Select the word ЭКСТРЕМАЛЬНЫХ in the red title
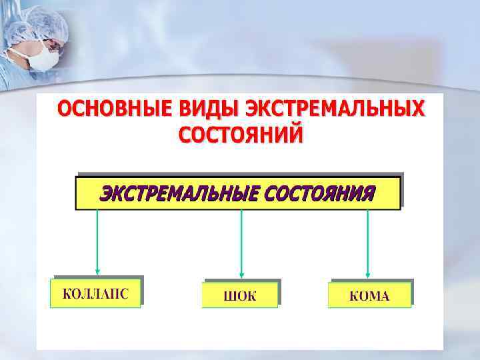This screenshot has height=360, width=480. [334, 109]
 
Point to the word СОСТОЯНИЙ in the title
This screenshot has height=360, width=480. [241, 133]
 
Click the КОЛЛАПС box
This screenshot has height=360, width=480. [95, 293]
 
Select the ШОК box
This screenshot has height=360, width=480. [239, 295]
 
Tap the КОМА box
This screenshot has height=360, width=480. [369, 295]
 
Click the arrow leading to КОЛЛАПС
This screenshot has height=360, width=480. [98, 240]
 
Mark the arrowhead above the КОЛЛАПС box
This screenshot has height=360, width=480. [98, 271]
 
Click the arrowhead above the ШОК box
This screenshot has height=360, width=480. [241, 273]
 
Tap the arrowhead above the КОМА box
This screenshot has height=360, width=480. [369, 273]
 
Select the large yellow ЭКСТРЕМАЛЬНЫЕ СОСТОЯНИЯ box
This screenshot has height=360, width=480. [238, 193]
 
